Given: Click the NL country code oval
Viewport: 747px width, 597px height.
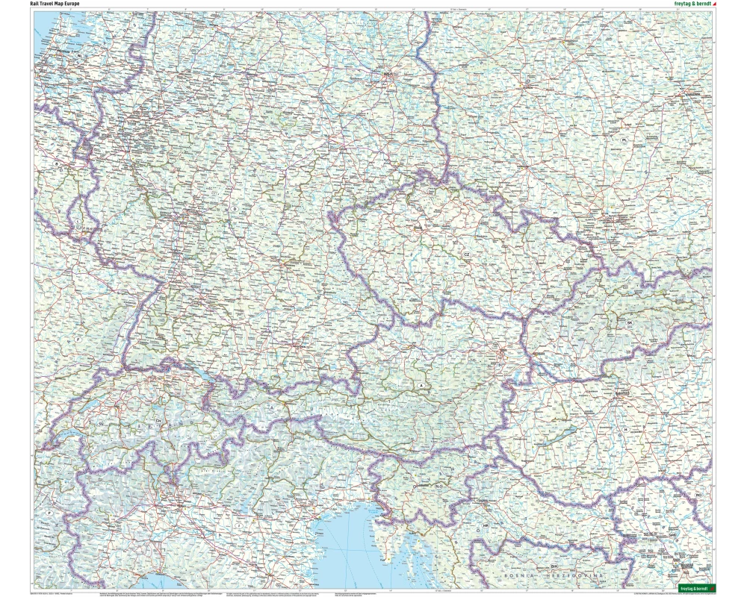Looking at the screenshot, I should pyautogui.click(x=78, y=57).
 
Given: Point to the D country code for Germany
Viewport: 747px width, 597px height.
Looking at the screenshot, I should pyautogui.click(x=235, y=210).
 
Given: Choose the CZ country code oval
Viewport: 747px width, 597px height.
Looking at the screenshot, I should pyautogui.click(x=467, y=254).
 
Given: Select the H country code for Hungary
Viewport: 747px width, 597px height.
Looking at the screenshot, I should pyautogui.click(x=625, y=429).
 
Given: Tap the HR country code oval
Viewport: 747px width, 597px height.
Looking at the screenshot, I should pyautogui.click(x=486, y=525).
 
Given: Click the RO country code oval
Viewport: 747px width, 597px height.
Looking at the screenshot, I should pyautogui.click(x=699, y=495).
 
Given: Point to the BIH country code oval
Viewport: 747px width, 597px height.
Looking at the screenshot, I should pyautogui.click(x=554, y=566).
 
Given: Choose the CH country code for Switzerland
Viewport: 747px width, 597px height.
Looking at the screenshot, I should pyautogui.click(x=159, y=421).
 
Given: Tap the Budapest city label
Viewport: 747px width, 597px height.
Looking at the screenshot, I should pyautogui.click(x=623, y=393).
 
